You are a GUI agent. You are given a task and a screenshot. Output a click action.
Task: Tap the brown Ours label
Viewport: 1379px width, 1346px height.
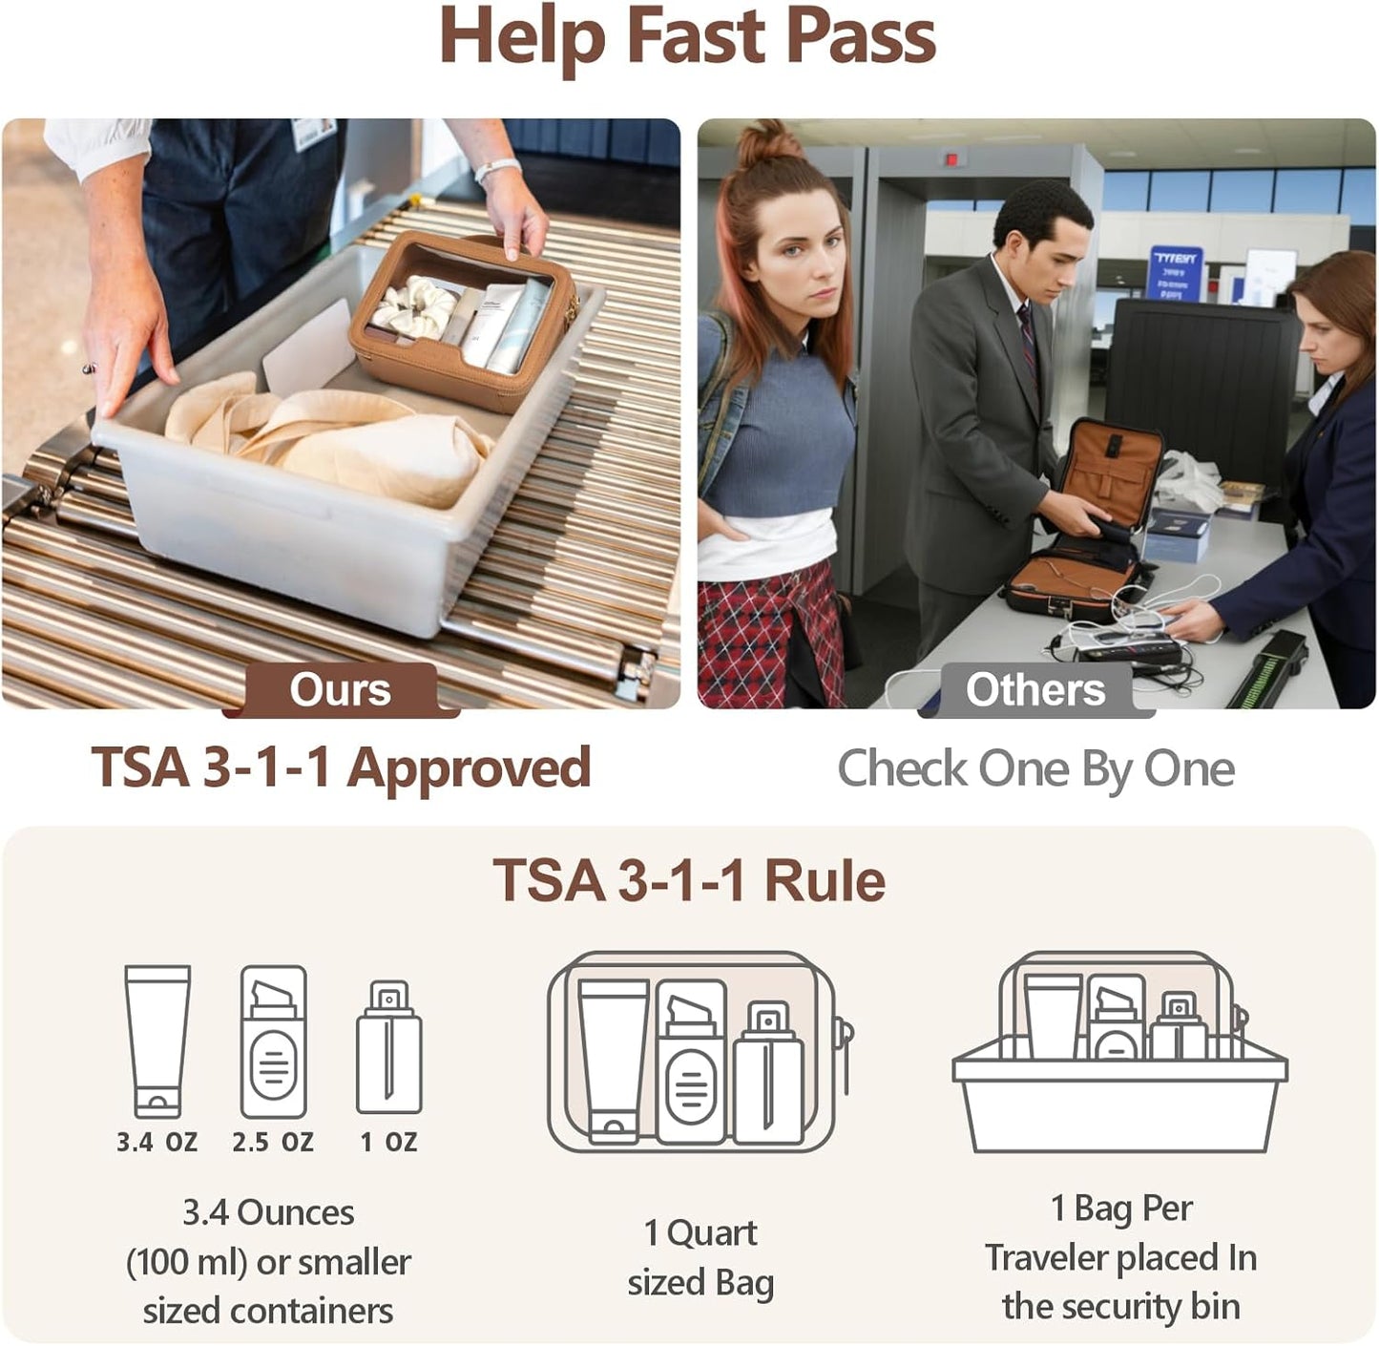[340, 689]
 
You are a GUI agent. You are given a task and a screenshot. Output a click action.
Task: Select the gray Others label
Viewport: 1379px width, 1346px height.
[1035, 689]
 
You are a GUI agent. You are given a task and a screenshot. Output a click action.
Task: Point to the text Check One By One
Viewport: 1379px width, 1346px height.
[1036, 769]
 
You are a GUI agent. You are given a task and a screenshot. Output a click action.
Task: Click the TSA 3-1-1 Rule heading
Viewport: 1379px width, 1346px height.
[689, 880]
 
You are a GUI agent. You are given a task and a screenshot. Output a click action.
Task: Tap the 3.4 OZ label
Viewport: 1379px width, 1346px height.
[157, 1142]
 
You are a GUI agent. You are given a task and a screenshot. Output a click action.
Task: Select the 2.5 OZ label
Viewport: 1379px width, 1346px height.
[273, 1142]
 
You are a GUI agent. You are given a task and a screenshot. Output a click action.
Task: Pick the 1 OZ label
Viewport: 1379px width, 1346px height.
[388, 1142]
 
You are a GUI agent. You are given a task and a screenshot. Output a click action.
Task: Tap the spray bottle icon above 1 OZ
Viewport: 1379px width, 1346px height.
[389, 1047]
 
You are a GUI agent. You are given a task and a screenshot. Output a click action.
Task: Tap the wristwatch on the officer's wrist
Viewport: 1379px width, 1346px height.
[497, 169]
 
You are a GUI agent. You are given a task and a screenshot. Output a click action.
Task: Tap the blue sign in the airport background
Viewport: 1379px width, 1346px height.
[1175, 273]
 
